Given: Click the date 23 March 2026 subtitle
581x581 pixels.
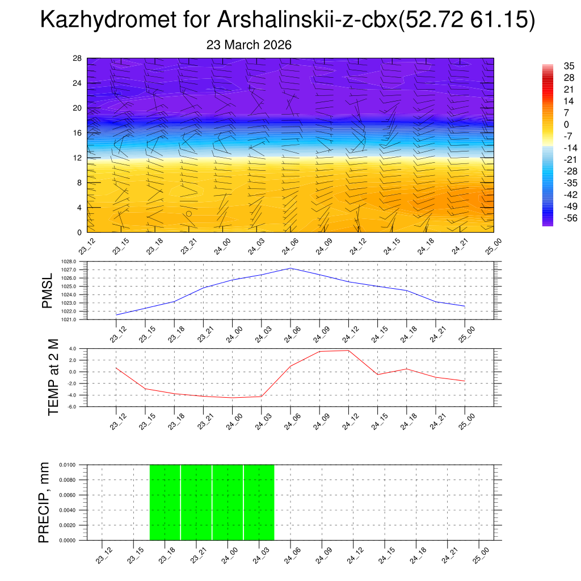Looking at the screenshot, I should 249,45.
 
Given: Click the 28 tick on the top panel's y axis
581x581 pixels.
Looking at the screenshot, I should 78,58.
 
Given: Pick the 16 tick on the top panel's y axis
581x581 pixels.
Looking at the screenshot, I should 78,133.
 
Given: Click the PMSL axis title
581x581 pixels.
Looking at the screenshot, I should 48,290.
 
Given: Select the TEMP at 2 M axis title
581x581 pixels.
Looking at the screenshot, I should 53,377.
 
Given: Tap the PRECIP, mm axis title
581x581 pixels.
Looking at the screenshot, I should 44,502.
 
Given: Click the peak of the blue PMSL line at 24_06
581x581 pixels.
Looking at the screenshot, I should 290,268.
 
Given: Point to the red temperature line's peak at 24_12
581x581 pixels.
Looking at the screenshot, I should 348,350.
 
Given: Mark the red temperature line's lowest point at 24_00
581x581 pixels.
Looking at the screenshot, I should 233,398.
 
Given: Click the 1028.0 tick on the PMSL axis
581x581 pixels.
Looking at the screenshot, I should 77,262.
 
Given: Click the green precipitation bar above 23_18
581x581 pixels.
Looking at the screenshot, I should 165,502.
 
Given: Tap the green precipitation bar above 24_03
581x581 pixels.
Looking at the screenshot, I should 259,502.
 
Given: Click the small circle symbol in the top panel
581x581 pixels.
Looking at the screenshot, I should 189,214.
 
